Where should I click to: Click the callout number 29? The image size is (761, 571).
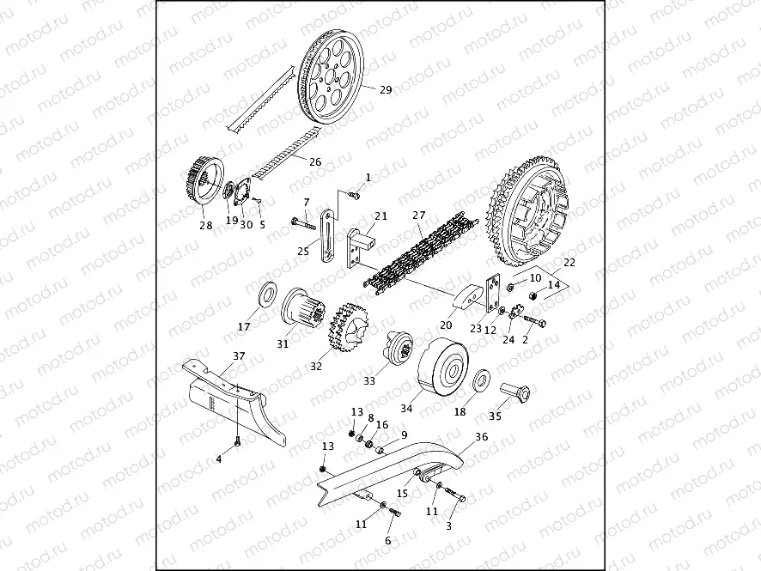(x=386, y=89)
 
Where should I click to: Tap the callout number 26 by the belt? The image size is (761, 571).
(x=315, y=161)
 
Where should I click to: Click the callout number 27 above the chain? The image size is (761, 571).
(x=419, y=215)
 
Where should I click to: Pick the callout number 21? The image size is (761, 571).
(x=380, y=216)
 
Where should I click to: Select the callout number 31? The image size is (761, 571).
(x=283, y=343)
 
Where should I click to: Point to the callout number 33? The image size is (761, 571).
(x=369, y=380)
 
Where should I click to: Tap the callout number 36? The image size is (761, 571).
(x=481, y=436)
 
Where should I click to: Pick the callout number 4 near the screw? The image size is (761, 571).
(x=219, y=459)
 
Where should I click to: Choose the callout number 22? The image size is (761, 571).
(x=569, y=261)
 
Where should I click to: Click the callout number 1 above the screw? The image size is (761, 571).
(x=368, y=177)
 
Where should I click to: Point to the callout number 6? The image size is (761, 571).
(x=387, y=541)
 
